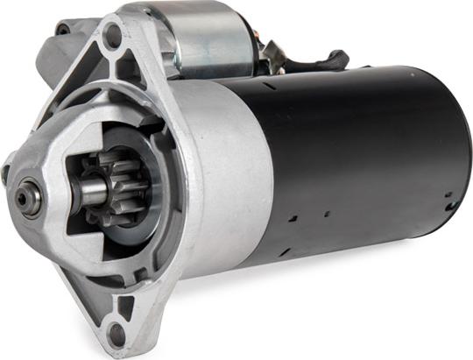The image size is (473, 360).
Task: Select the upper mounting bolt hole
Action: pos(112,36)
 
